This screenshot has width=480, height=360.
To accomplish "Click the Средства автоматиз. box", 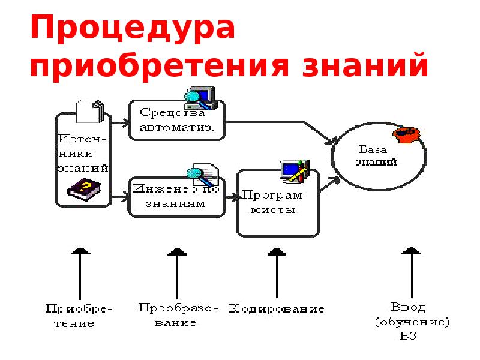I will point(177,120).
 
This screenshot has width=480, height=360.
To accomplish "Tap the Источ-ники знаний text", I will point(83,153).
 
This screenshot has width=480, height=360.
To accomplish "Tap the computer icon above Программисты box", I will point(294,170).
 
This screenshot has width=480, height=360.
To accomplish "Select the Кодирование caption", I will point(277,309).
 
